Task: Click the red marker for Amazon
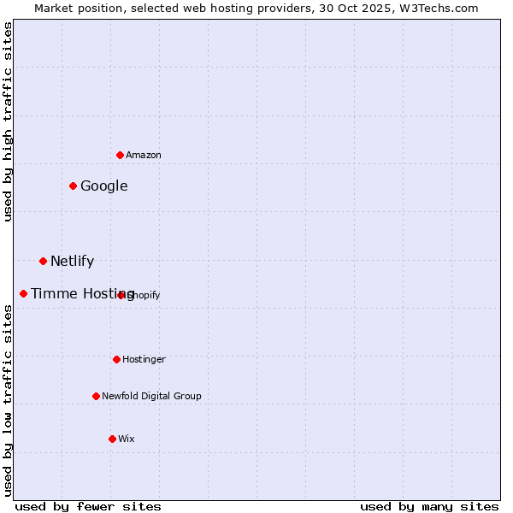coord(121,155)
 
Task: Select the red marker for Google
coord(74,186)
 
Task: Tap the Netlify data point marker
coord(43,261)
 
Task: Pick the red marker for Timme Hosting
coord(24,293)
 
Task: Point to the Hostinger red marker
coord(117,359)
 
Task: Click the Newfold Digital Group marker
coord(97,396)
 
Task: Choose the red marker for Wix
coord(112,439)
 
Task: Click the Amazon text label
coord(144,156)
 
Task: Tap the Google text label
coord(104,186)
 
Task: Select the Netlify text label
coord(73,262)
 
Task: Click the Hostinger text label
coord(144,360)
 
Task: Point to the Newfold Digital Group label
coord(152,397)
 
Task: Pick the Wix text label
coord(127,439)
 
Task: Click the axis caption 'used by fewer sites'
coord(88,506)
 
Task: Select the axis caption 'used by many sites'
coord(429,506)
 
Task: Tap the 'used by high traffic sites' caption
coord(9,122)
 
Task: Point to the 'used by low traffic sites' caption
coord(9,400)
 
